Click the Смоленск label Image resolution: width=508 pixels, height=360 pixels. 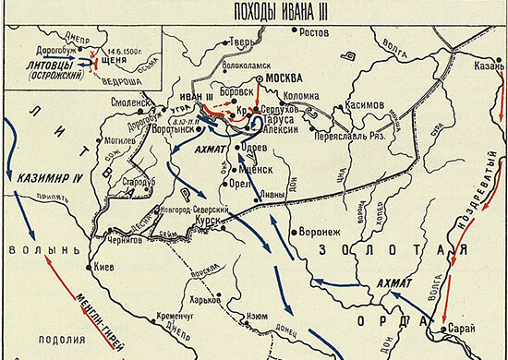[x=129, y=102]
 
